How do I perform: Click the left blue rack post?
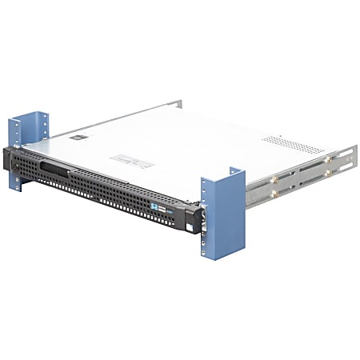pos(18,152)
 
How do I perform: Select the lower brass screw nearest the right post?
pos(275,193)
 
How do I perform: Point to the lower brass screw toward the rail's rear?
pos(326,172)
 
